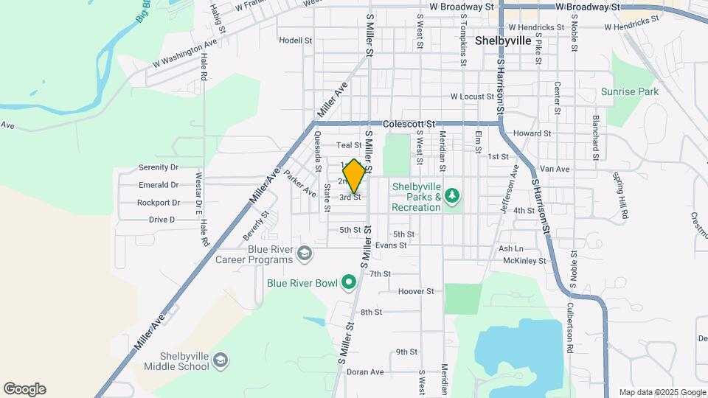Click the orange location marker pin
click(354, 176)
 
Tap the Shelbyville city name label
click(503, 41)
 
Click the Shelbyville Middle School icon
click(220, 361)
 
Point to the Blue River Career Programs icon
click(303, 254)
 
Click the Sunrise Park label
click(629, 92)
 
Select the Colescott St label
click(411, 125)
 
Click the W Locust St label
click(473, 97)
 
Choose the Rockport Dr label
click(159, 203)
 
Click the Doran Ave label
click(367, 372)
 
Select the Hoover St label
click(416, 291)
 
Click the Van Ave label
click(555, 169)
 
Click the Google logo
click(24, 389)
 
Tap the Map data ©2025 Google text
click(662, 392)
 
